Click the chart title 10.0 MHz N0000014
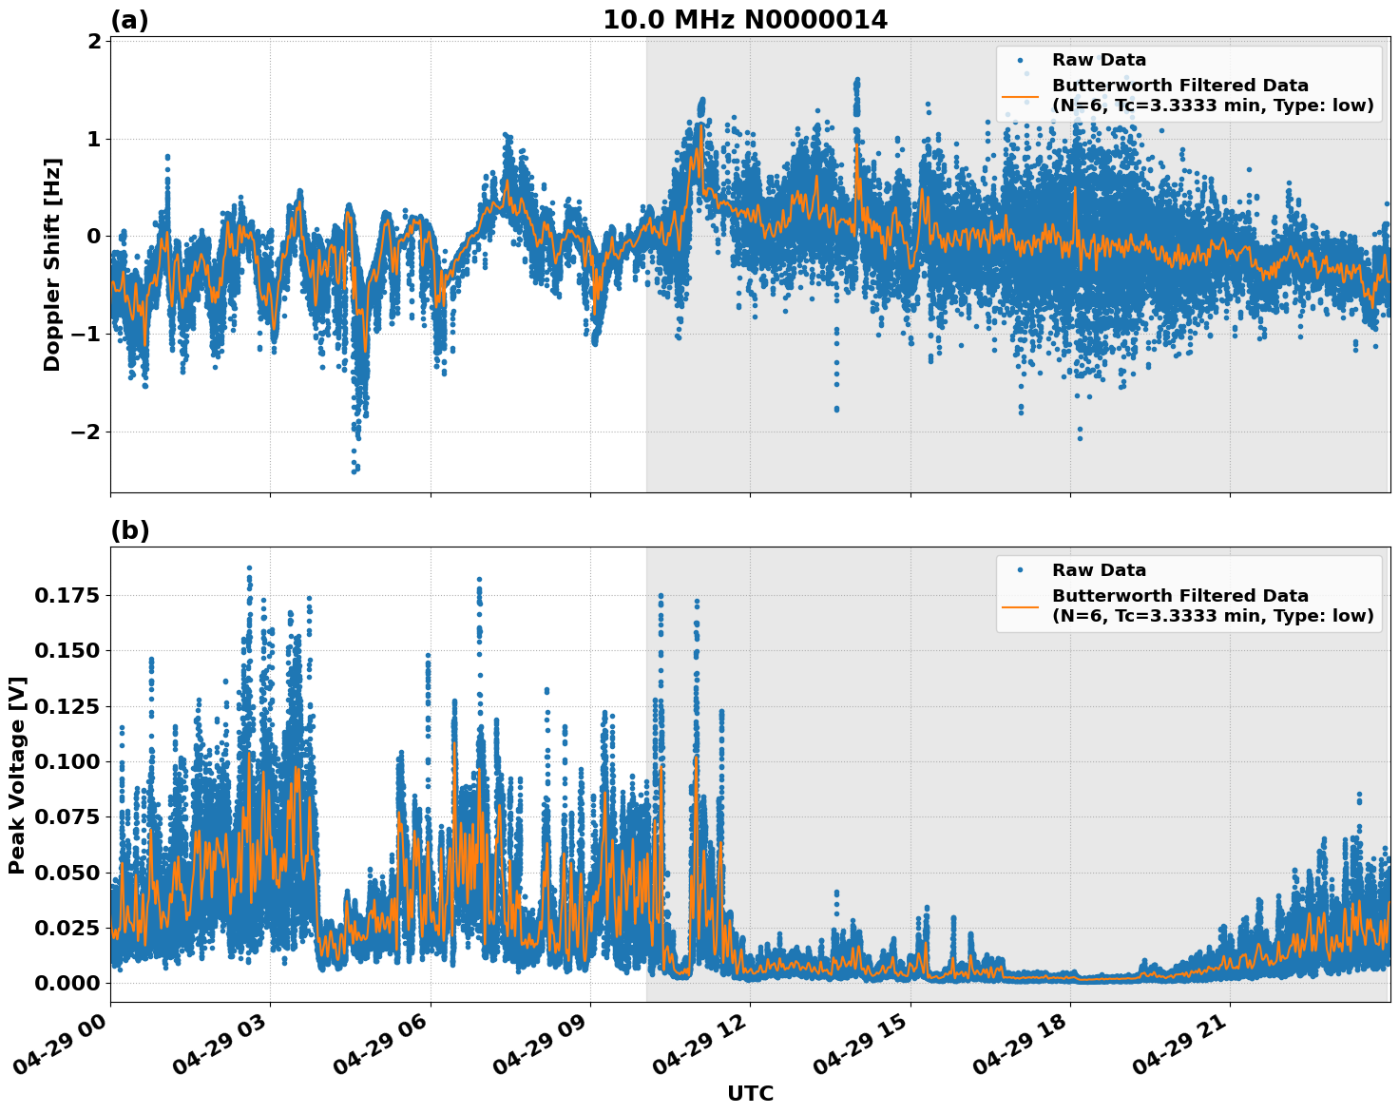pos(745,20)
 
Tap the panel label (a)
pos(129,20)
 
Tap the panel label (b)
pos(129,530)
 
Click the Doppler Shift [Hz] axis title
pos(52,264)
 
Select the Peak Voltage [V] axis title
pos(17,775)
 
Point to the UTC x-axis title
pos(750,1093)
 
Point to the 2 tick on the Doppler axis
pos(94,41)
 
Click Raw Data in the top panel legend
pos(1099,60)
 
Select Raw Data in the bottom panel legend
pos(1099,570)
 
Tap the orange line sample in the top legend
pos(1020,96)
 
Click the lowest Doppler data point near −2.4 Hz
pos(355,471)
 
